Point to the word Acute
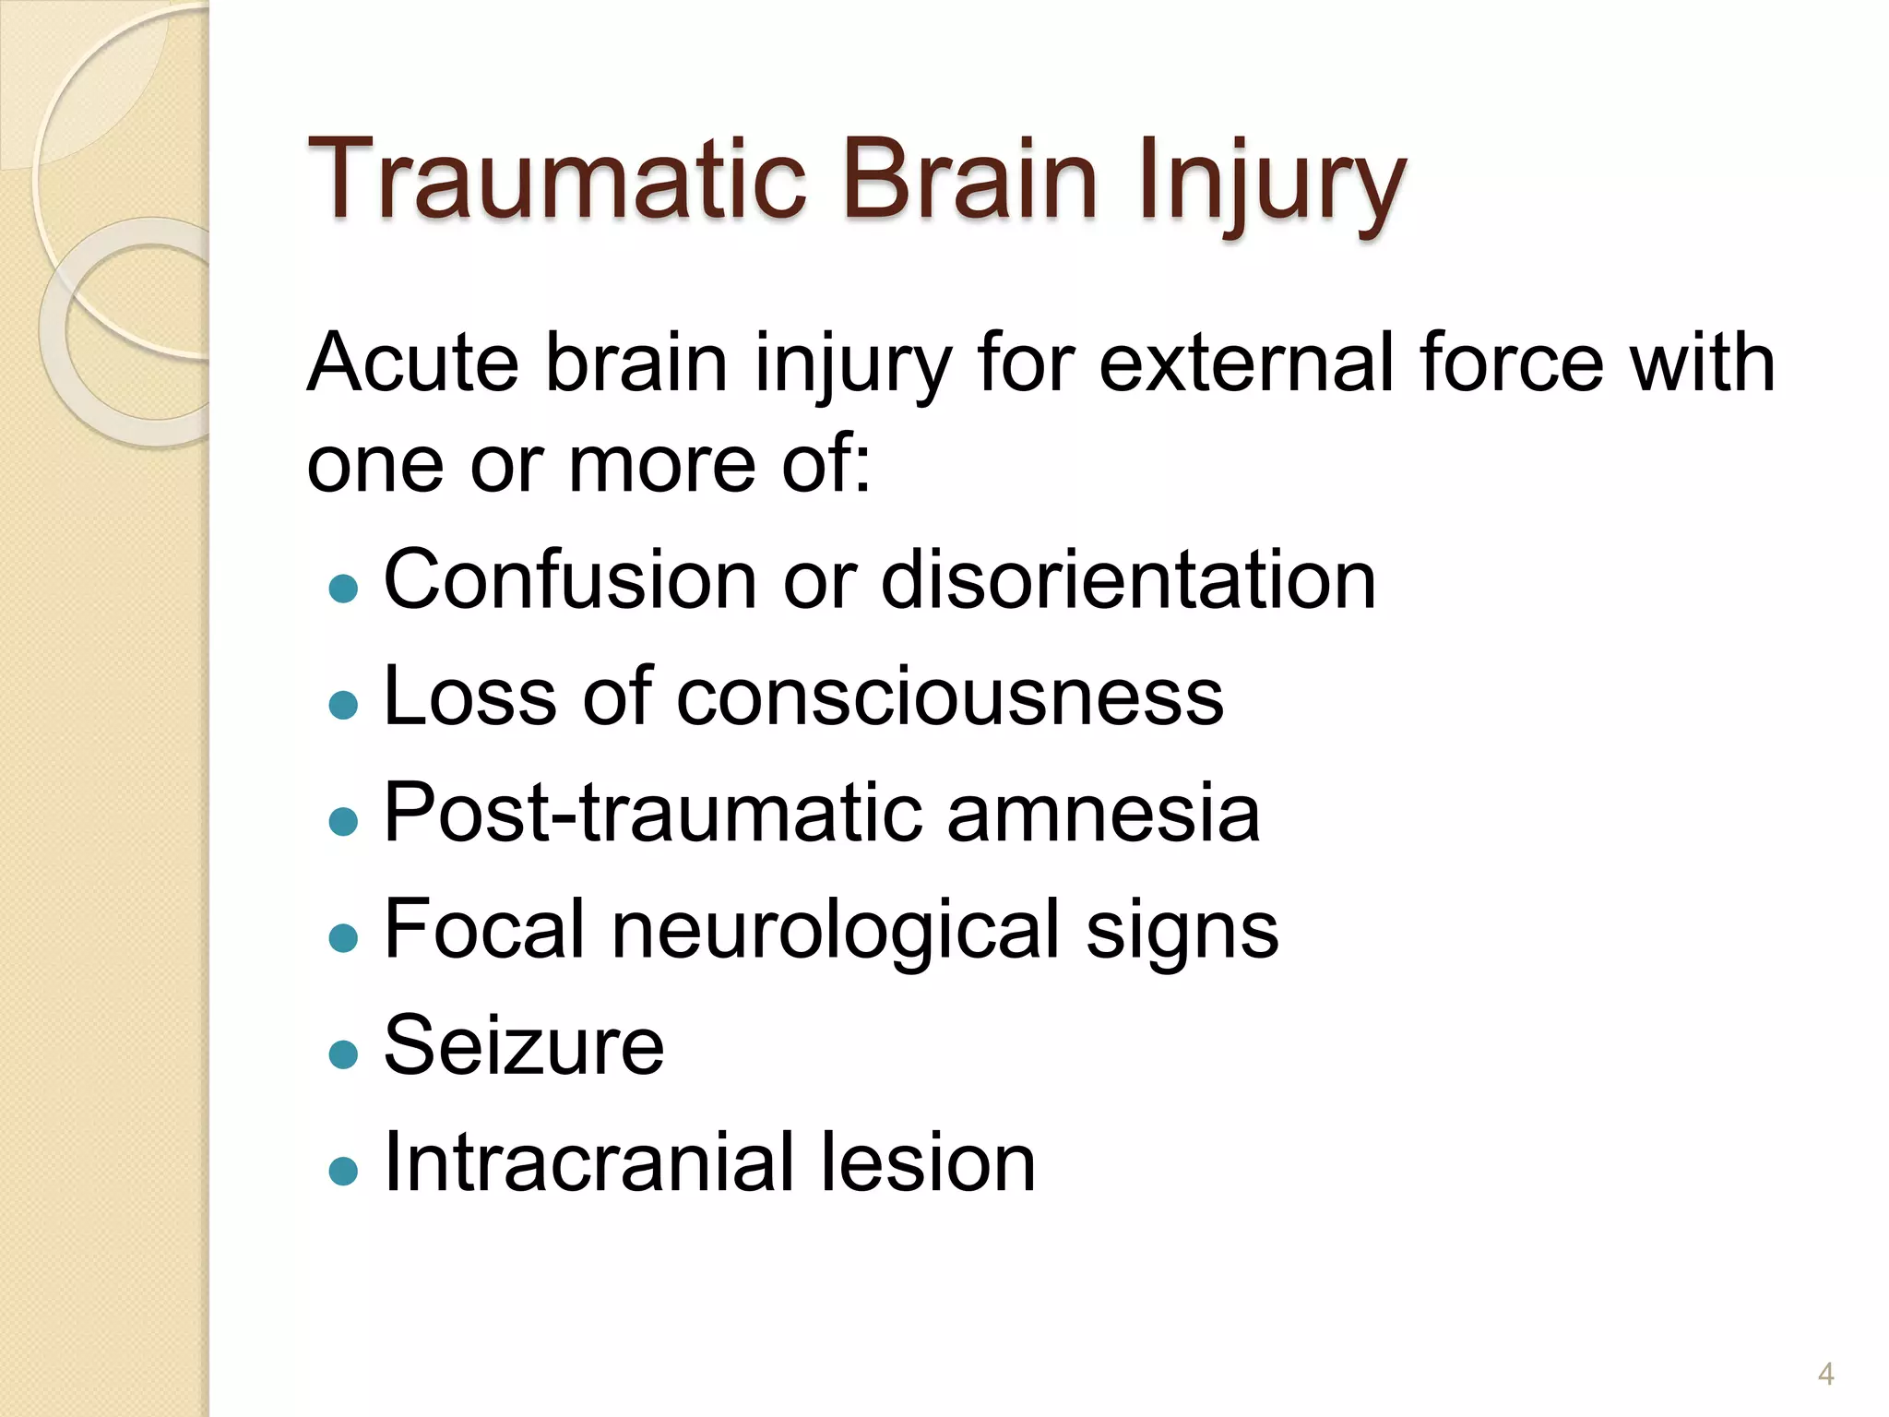(x=412, y=363)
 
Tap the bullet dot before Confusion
(x=343, y=589)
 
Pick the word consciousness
(x=950, y=697)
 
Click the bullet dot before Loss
(x=343, y=705)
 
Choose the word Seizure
(x=523, y=1046)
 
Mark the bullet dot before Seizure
(x=343, y=1054)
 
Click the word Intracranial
(x=585, y=1162)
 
